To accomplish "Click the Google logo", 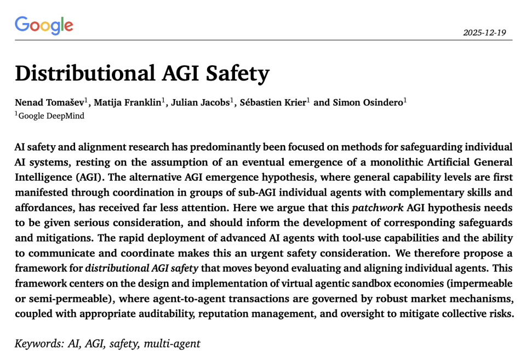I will (44, 25).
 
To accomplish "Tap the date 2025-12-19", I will (484, 32).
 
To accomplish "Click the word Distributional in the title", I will (78, 73).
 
